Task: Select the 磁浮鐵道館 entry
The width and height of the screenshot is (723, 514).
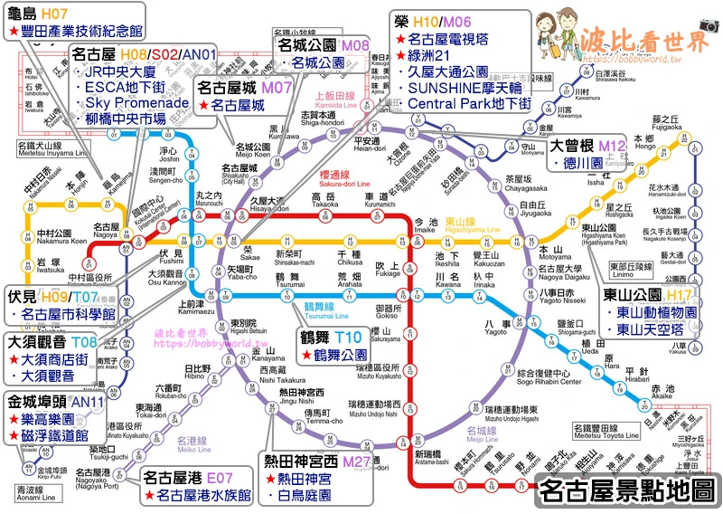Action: [x=52, y=435]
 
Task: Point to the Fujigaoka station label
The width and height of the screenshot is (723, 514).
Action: [x=666, y=128]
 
